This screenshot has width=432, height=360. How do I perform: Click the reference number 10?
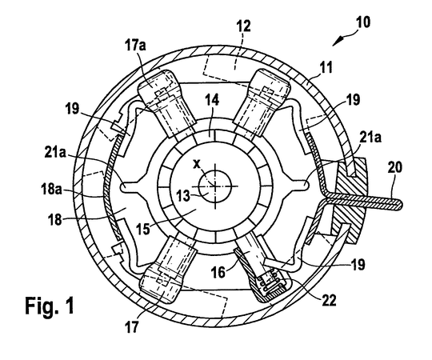(x=363, y=22)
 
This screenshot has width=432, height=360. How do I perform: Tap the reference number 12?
(x=243, y=26)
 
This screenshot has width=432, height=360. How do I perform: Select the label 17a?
(x=135, y=44)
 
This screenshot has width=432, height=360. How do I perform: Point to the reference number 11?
(x=326, y=67)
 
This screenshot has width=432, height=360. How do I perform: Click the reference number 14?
(x=212, y=99)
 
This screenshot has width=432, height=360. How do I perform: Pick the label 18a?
(x=51, y=190)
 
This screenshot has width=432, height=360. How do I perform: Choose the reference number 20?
(x=395, y=168)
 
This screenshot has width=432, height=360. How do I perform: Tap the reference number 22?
(x=328, y=300)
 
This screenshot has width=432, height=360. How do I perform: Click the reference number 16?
(x=218, y=271)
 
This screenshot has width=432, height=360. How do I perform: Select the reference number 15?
(x=143, y=228)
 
